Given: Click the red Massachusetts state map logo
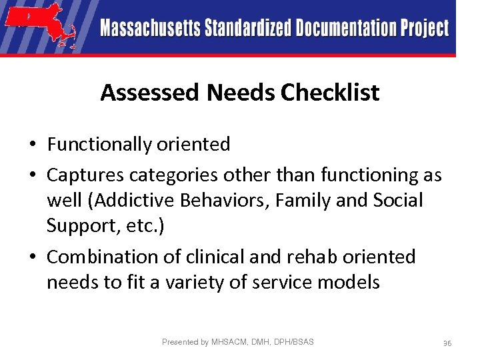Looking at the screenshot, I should [41, 25].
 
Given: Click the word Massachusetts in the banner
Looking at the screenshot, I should [150, 28].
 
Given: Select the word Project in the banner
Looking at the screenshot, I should [424, 28].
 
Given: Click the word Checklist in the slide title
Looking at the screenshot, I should [330, 93].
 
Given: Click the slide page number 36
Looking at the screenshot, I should [447, 343].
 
